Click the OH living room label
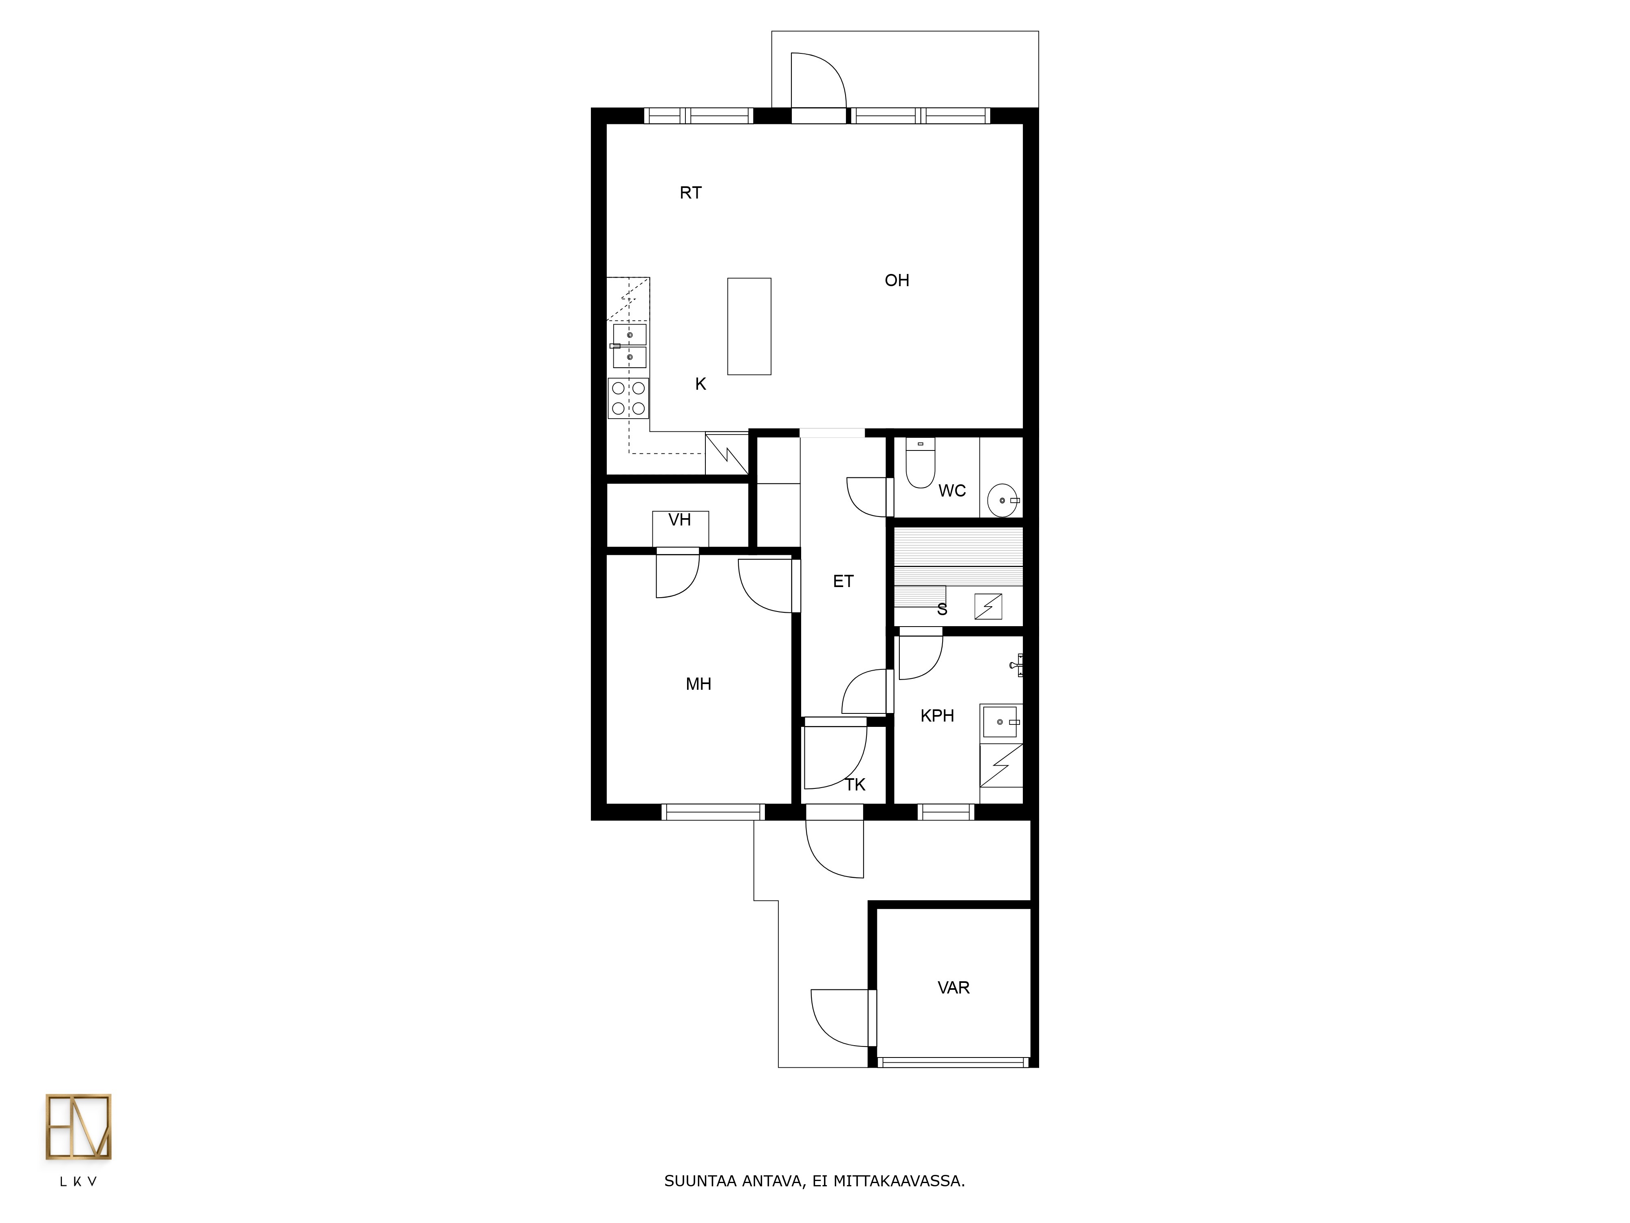point(897,280)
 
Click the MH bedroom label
point(698,684)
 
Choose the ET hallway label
point(843,582)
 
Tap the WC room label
point(952,491)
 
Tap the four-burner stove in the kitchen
point(628,398)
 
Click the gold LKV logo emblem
point(78,1127)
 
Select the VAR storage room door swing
point(840,1017)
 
